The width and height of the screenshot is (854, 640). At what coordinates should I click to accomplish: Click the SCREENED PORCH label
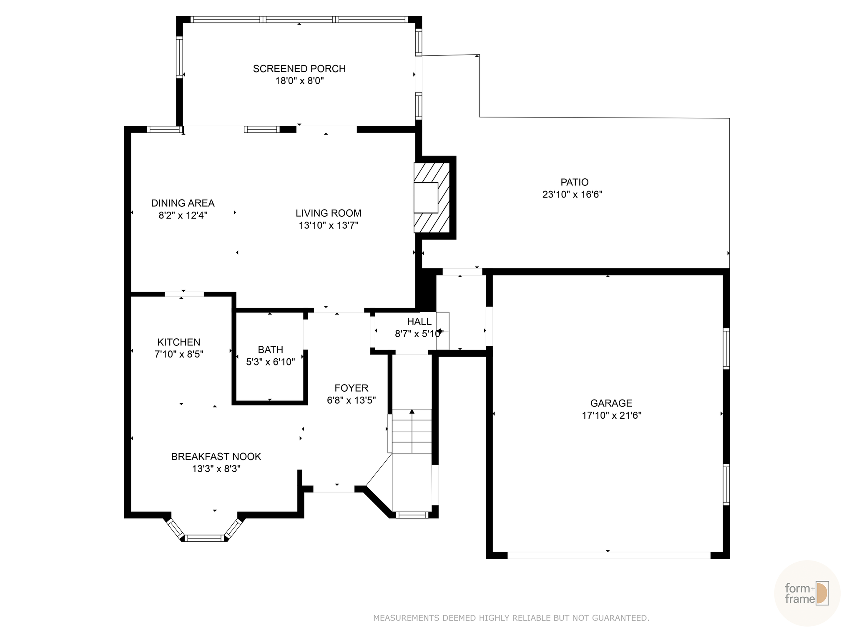[299, 69]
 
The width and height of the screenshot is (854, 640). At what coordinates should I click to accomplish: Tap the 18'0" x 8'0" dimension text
[299, 81]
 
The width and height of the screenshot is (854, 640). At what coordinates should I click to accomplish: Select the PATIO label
[574, 182]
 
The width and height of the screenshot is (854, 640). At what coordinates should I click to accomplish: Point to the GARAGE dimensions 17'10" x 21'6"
[611, 415]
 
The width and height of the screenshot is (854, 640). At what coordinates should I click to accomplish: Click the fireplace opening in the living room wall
[426, 197]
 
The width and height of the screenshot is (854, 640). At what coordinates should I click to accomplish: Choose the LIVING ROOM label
[328, 213]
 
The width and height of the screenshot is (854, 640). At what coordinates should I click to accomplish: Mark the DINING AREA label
[183, 203]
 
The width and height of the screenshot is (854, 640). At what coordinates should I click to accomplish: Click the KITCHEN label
[178, 342]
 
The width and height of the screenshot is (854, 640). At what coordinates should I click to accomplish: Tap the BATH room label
[270, 350]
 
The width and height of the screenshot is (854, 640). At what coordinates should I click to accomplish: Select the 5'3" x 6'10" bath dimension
[270, 362]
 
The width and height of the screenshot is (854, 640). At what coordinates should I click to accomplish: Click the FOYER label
[351, 388]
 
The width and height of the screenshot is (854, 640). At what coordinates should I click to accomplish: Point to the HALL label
[419, 322]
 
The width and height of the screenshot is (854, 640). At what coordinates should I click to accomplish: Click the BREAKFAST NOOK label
[216, 457]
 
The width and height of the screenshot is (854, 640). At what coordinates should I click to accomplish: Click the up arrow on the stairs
[412, 412]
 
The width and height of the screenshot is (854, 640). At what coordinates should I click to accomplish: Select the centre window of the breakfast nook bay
[204, 538]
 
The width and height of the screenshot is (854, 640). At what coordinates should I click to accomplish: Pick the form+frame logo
[807, 593]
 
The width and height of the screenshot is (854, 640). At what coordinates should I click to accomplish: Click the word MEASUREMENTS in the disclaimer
[405, 618]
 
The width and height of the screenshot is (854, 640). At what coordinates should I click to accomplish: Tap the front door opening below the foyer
[334, 489]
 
